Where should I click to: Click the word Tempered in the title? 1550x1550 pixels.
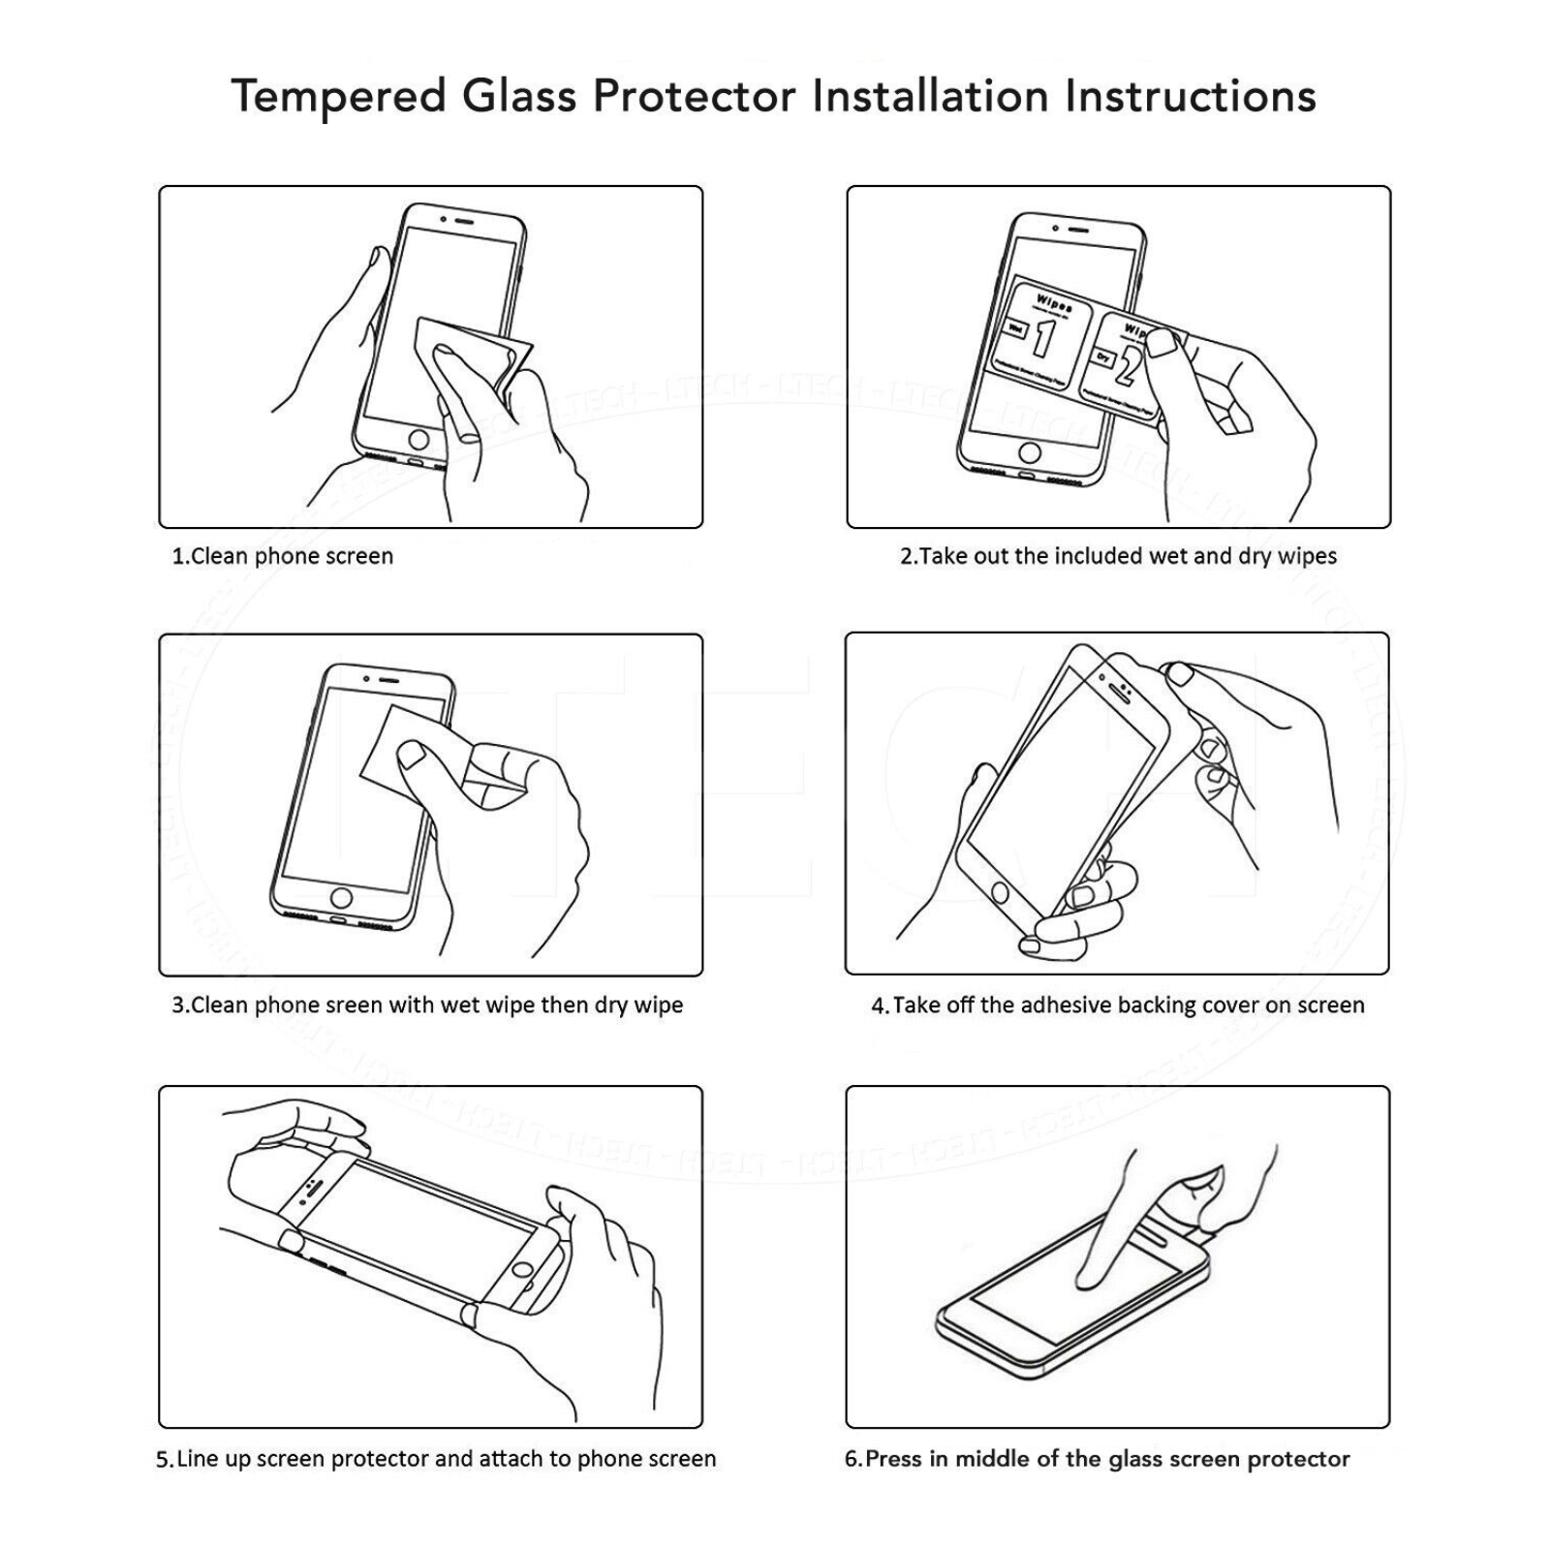[x=338, y=97]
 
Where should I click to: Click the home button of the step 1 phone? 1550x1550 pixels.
[x=418, y=440]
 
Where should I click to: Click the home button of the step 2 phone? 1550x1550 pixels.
[x=1030, y=452]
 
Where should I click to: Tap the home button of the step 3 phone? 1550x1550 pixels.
[x=341, y=896]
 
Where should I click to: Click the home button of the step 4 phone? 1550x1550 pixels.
[x=999, y=893]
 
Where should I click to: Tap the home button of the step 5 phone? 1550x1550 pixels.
[x=524, y=1270]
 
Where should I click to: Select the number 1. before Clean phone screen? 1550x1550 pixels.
[x=180, y=557]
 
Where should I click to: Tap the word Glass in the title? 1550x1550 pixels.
[x=519, y=97]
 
